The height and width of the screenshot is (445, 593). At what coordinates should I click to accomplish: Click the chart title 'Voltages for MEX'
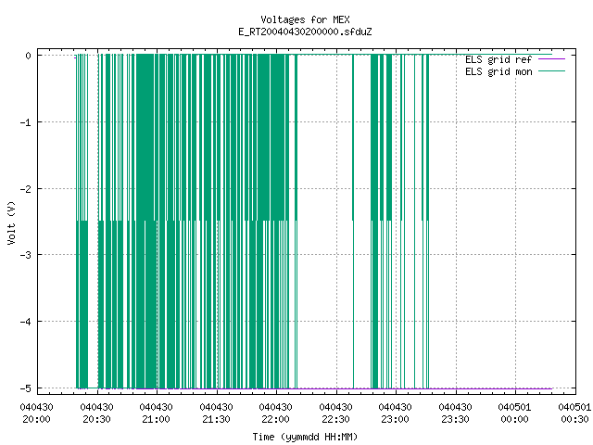pyautogui.click(x=305, y=19)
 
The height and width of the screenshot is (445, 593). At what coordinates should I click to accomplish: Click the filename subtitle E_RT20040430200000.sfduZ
pyautogui.click(x=305, y=32)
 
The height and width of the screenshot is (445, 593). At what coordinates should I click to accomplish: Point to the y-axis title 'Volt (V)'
pyautogui.click(x=11, y=222)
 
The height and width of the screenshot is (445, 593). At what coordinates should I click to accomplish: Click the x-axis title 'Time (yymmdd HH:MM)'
pyautogui.click(x=305, y=437)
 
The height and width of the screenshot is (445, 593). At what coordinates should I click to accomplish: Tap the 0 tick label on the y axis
pyautogui.click(x=28, y=56)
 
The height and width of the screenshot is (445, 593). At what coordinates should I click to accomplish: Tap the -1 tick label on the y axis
pyautogui.click(x=25, y=122)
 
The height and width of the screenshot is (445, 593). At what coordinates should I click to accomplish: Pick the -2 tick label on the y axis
pyautogui.click(x=25, y=189)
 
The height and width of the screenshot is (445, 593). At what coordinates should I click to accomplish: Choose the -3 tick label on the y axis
pyautogui.click(x=25, y=255)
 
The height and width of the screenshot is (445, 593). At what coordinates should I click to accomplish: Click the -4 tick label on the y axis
pyautogui.click(x=25, y=322)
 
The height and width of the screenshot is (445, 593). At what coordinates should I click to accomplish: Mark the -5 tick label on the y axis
pyautogui.click(x=25, y=388)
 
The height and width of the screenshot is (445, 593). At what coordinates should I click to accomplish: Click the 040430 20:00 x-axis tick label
pyautogui.click(x=37, y=413)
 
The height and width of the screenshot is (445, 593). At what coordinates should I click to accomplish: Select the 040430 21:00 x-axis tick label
pyautogui.click(x=157, y=413)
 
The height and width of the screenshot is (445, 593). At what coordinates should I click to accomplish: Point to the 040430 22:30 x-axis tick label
pyautogui.click(x=335, y=413)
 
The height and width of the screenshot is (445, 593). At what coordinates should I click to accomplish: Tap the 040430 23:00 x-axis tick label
pyautogui.click(x=396, y=413)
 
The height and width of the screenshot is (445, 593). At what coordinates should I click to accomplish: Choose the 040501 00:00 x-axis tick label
pyautogui.click(x=515, y=413)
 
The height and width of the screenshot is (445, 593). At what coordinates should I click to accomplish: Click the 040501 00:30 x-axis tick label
pyautogui.click(x=574, y=413)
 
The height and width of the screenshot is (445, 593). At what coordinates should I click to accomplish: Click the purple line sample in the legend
pyautogui.click(x=551, y=59)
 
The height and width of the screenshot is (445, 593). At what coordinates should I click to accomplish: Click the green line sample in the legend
pyautogui.click(x=551, y=71)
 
